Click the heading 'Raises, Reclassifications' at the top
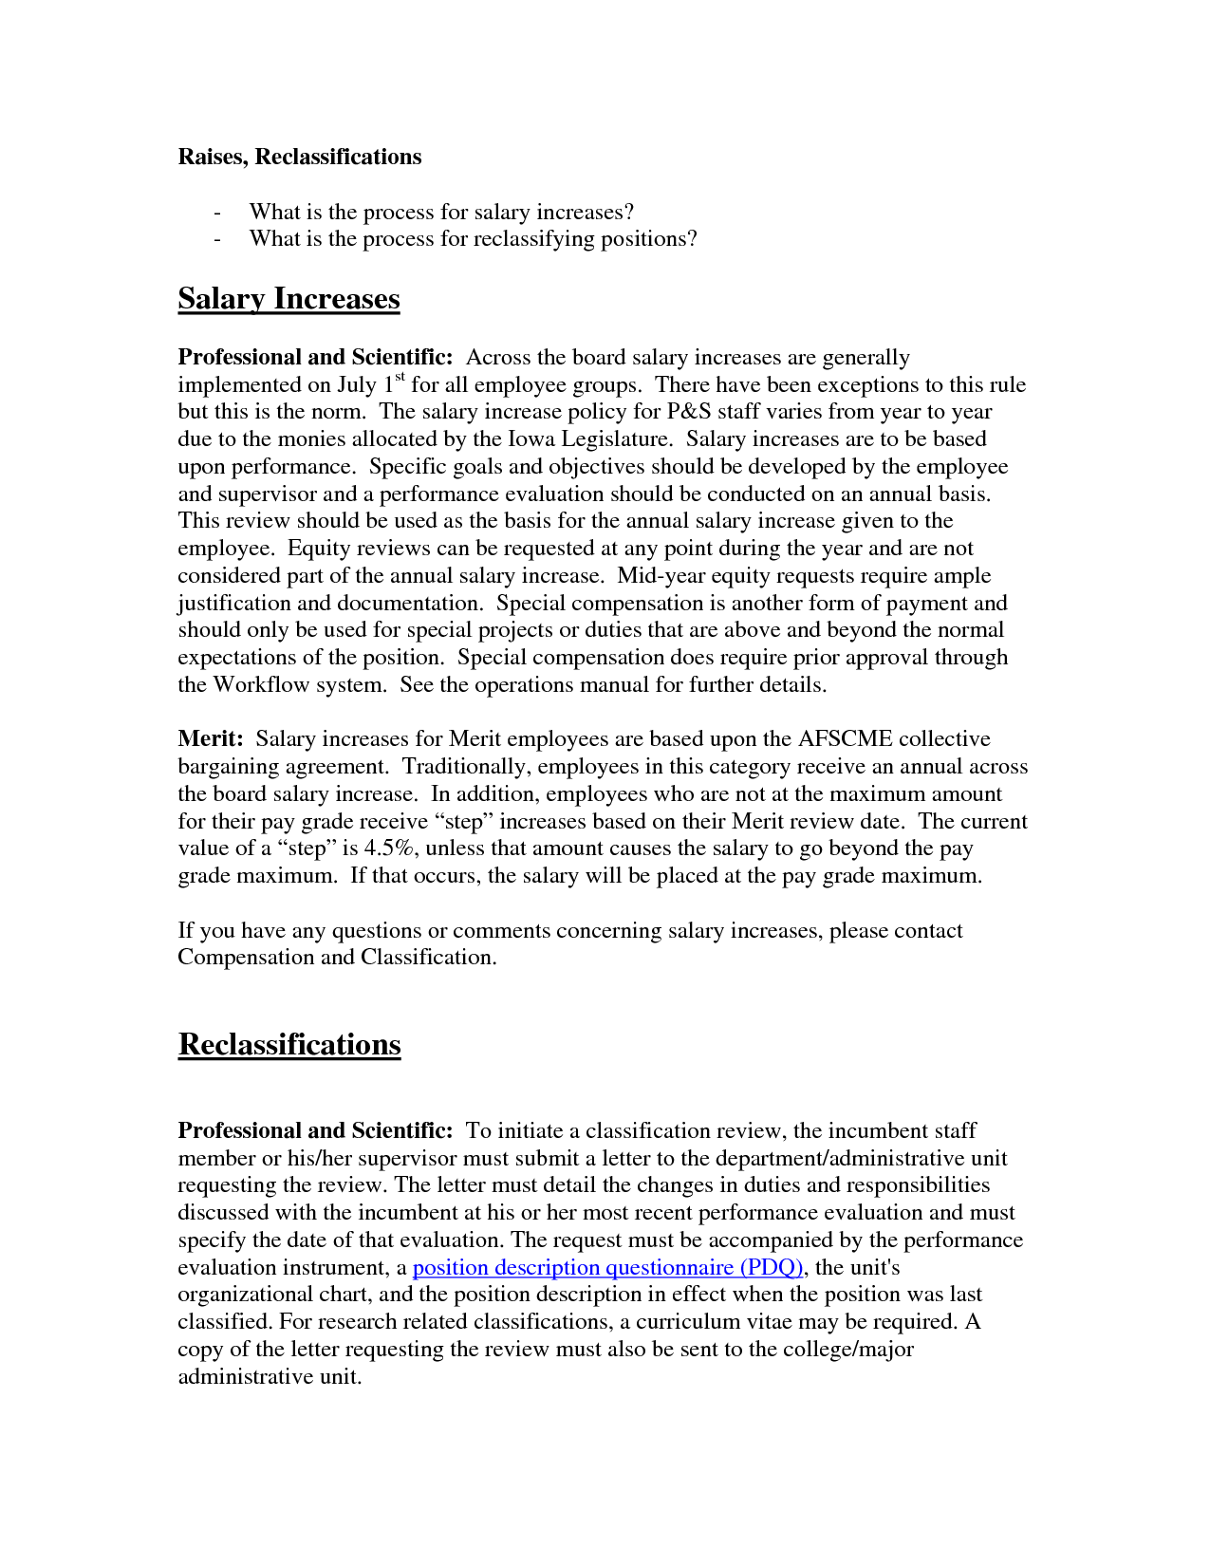click(300, 157)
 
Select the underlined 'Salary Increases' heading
click(289, 299)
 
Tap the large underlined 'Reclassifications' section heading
click(289, 1045)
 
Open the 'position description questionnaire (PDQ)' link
click(608, 1268)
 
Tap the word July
click(357, 385)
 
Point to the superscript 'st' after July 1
click(400, 378)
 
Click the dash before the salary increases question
click(217, 213)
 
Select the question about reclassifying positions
click(473, 239)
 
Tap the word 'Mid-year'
click(661, 576)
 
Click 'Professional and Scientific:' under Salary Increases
click(315, 358)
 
